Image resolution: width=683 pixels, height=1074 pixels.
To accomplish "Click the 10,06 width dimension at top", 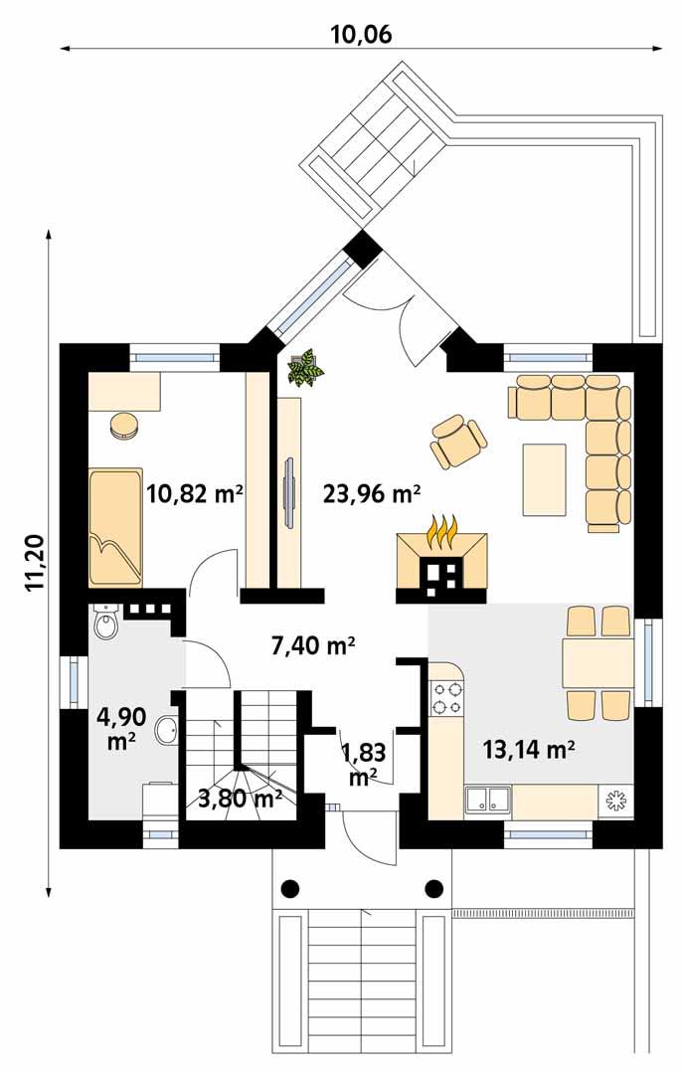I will [x=361, y=34].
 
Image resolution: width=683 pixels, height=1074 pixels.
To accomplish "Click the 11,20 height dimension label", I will [x=36, y=562].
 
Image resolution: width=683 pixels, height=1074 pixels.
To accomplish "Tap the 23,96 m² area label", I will [x=372, y=493].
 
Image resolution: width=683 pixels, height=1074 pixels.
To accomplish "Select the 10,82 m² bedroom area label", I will [x=195, y=493].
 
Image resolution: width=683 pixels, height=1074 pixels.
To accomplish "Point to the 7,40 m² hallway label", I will [x=313, y=646].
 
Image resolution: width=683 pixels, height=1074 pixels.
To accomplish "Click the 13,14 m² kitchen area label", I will [x=528, y=750].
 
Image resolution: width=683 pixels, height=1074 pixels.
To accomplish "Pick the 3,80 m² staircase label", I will [x=240, y=797].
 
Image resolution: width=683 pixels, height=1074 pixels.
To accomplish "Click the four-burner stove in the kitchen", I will [x=445, y=696].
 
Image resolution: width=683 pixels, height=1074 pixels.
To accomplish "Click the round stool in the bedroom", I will [x=124, y=425].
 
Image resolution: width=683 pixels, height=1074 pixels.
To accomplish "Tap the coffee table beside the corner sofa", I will [x=544, y=479].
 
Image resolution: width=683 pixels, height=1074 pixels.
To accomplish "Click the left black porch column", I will [x=290, y=888].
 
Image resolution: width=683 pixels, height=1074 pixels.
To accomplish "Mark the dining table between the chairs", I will [x=597, y=663].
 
